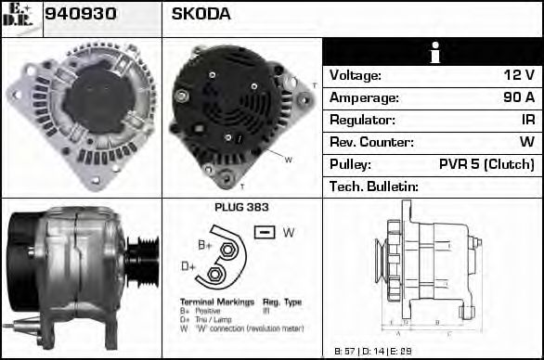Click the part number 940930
[82, 15]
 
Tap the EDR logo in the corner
[19, 18]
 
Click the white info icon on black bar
[432, 52]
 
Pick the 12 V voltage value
[518, 75]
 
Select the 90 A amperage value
[518, 97]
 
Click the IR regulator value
[527, 120]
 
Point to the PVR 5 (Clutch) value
[486, 164]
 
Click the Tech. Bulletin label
[374, 186]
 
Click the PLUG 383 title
[241, 208]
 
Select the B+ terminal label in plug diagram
[205, 245]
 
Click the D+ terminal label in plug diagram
[189, 267]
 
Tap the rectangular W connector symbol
[265, 232]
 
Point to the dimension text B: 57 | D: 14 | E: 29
[373, 352]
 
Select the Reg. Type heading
[281, 302]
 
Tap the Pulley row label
[351, 164]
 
